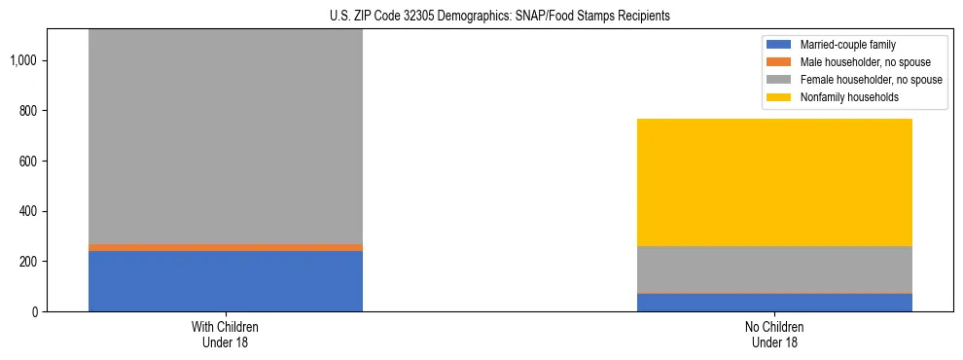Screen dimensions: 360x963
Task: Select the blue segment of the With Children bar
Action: click(226, 281)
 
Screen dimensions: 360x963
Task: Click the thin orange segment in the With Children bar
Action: click(226, 247)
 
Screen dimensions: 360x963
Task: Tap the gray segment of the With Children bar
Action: click(226, 136)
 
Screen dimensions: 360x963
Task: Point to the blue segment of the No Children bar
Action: click(774, 303)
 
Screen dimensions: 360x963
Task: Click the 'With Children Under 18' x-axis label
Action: click(226, 334)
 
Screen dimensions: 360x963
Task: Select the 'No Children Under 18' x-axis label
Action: click(774, 334)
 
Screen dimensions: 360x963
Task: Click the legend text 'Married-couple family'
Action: click(847, 45)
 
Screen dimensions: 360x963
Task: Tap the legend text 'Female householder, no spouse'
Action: click(871, 80)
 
